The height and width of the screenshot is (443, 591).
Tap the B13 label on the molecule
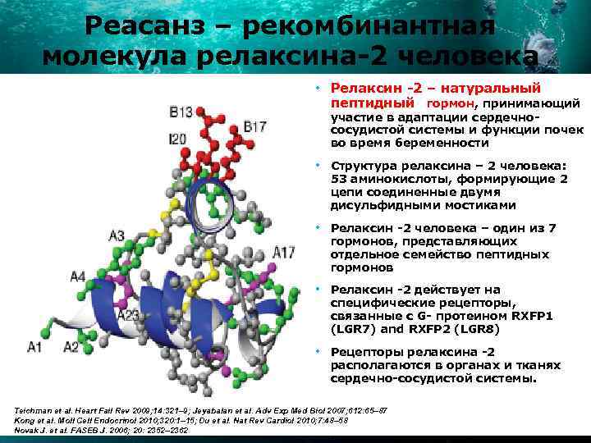click(x=181, y=112)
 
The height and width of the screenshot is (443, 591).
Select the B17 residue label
click(x=254, y=126)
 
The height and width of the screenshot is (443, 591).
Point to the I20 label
click(x=177, y=139)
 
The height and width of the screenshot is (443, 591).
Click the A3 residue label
click(x=117, y=235)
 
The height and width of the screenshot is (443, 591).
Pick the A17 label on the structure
click(x=284, y=251)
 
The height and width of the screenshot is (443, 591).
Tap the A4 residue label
click(x=77, y=277)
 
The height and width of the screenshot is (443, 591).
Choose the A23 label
click(x=130, y=314)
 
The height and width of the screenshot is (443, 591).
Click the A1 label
click(x=35, y=347)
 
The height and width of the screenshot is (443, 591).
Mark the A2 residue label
click(x=71, y=347)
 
